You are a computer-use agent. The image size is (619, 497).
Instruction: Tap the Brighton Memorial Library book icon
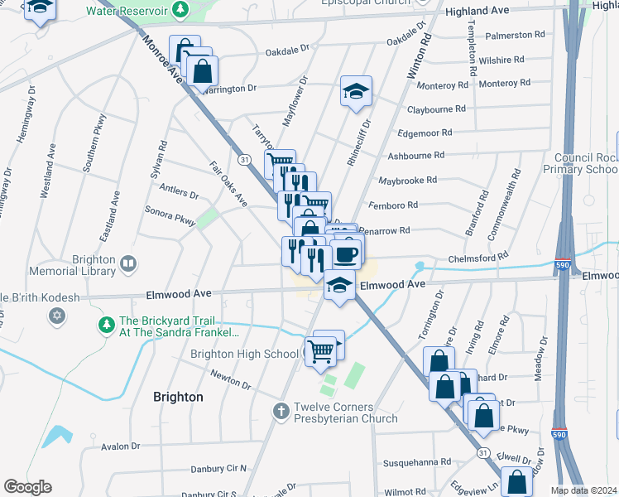[127, 264]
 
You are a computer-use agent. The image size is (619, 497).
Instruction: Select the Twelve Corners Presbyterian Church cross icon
[281, 410]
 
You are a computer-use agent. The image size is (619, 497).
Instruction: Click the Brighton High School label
[244, 354]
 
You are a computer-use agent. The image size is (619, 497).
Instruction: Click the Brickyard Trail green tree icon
[106, 326]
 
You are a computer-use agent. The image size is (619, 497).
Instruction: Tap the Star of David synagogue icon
[58, 316]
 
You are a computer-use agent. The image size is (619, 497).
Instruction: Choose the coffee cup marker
[345, 253]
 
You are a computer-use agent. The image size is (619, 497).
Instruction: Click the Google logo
[27, 487]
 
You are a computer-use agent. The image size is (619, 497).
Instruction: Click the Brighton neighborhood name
[178, 397]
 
